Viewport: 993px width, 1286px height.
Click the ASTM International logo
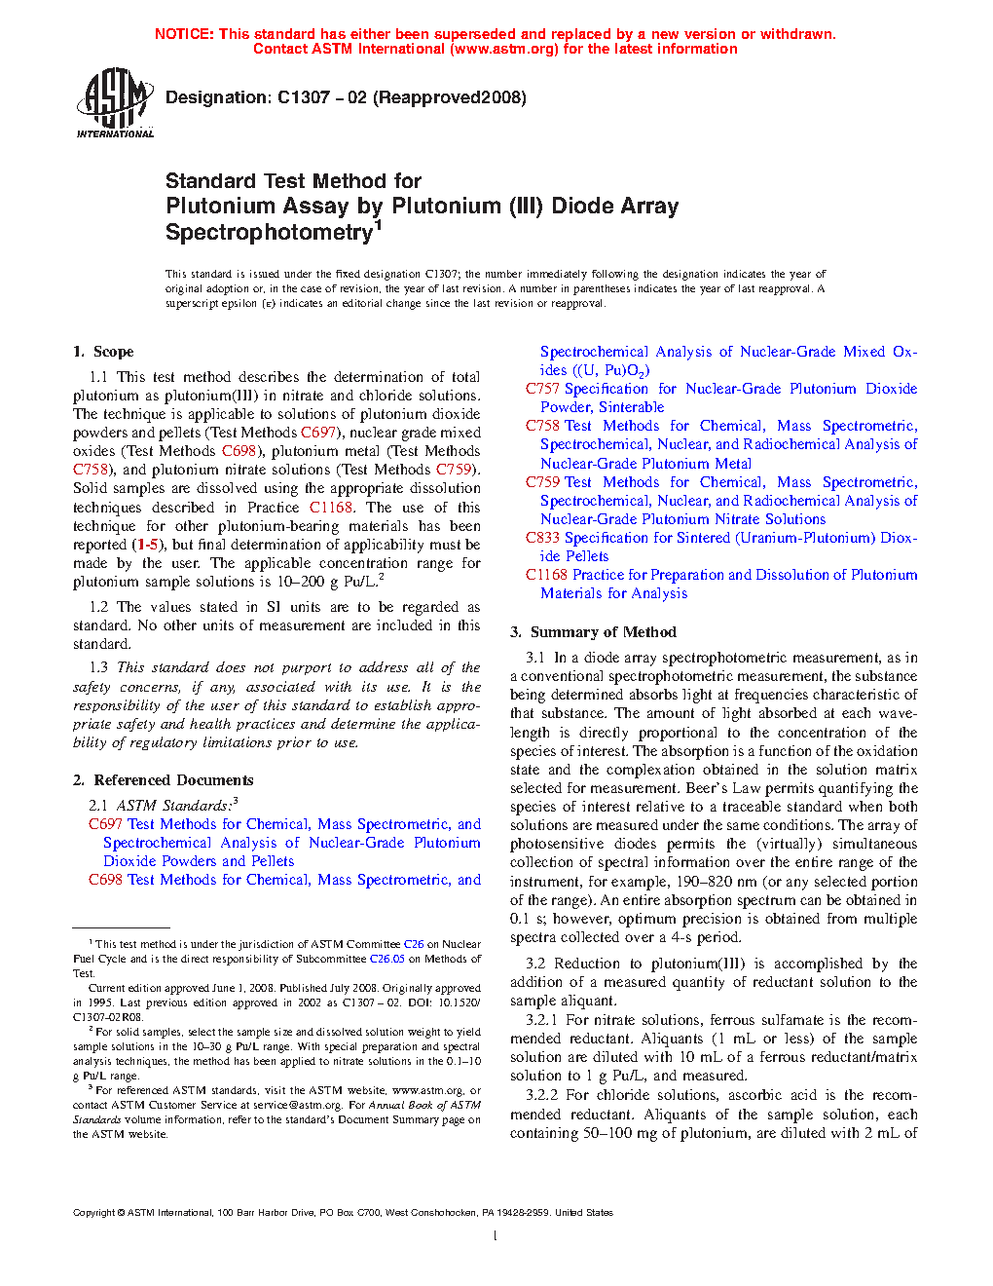[x=115, y=102]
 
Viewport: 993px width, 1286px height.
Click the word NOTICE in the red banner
[x=184, y=34]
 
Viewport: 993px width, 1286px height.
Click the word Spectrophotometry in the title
[x=269, y=233]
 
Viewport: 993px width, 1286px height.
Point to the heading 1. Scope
[x=103, y=352]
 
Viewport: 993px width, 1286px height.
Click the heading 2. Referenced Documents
[x=163, y=780]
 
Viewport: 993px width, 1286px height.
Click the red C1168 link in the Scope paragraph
[x=330, y=508]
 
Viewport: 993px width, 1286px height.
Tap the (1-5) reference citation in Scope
[x=148, y=545]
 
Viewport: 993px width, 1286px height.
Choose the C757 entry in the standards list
[x=542, y=389]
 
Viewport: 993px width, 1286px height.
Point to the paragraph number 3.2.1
[x=541, y=1020]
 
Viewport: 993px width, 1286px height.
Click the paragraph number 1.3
[x=98, y=667]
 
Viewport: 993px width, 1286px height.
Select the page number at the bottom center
[x=496, y=1236]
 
